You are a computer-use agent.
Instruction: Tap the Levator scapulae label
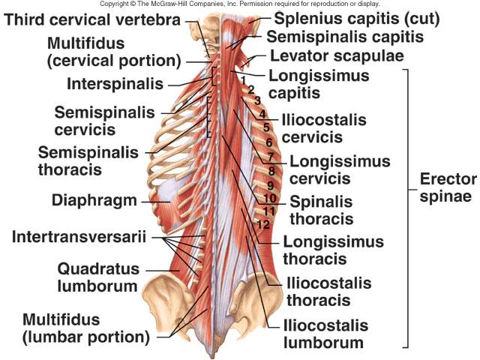tap(337, 55)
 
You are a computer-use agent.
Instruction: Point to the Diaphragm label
tap(94, 200)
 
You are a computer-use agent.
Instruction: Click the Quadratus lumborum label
tap(97, 277)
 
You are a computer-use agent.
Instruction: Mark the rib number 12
tap(262, 224)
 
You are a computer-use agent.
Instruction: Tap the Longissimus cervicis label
tap(329, 169)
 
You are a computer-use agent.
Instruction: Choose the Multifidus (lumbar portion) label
tap(86, 328)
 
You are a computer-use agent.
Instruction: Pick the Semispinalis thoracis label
tap(88, 160)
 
